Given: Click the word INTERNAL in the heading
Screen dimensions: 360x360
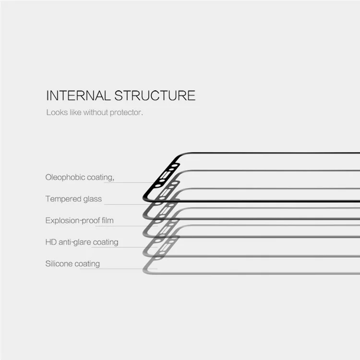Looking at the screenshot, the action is (x=78, y=96).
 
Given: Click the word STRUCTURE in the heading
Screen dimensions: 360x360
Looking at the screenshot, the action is (x=155, y=96).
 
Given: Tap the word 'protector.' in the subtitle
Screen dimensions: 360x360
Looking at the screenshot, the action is (x=126, y=113).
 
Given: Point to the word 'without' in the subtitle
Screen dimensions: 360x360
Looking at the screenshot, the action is (x=96, y=112).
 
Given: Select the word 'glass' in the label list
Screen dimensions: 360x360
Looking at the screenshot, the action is (x=93, y=199).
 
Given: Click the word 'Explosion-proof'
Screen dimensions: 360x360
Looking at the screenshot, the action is (x=72, y=221).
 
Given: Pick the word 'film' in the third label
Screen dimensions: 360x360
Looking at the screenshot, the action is (x=108, y=220).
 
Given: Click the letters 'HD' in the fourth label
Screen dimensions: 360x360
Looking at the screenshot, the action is (x=51, y=242).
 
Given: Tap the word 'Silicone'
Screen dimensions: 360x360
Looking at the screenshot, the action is (x=59, y=264).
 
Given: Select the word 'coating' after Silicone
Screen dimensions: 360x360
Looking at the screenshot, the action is (x=87, y=264).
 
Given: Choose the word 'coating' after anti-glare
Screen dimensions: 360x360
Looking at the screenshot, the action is (x=106, y=242).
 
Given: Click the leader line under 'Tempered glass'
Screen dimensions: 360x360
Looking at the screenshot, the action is (x=127, y=204).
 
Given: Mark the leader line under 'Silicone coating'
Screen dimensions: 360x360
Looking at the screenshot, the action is (x=119, y=269).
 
